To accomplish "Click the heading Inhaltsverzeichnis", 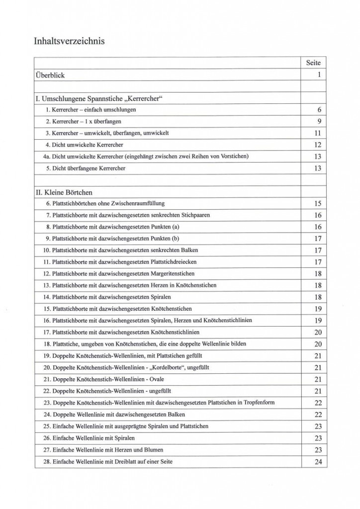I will click(x=69, y=41).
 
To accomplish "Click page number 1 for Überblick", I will click(x=318, y=76).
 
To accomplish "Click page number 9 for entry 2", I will click(x=318, y=121).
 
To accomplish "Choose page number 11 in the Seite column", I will click(x=318, y=133).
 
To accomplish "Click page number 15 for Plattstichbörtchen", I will click(x=318, y=203).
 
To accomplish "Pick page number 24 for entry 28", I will click(x=318, y=462).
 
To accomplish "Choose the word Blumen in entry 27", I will click(x=149, y=449).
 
